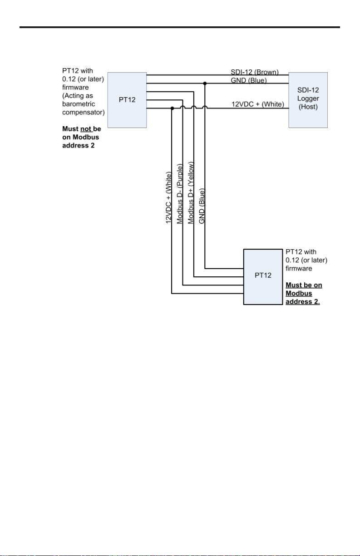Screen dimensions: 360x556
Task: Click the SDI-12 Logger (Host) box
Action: pyautogui.click(x=308, y=100)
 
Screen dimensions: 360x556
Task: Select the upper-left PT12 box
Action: pyautogui.click(x=127, y=100)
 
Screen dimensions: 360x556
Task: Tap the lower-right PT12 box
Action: pyautogui.click(x=263, y=277)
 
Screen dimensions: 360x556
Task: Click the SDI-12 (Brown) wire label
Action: pyautogui.click(x=255, y=72)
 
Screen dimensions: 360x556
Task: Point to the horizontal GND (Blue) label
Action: pyautogui.click(x=248, y=80)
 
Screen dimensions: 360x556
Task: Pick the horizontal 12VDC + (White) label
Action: pyautogui.click(x=258, y=104)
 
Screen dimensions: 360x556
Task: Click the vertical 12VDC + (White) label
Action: pyautogui.click(x=168, y=197)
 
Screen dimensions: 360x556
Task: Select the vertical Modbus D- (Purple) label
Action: pyautogui.click(x=179, y=194)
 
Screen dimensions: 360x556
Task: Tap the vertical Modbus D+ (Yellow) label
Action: pyautogui.click(x=190, y=193)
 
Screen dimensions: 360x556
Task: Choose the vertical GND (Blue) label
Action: pyautogui.click(x=202, y=206)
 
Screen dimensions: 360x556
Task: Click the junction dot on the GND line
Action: pyautogui.click(x=205, y=84)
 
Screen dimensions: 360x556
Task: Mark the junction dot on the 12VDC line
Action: pyautogui.click(x=172, y=108)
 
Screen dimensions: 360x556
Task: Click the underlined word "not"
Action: pyautogui.click(x=86, y=129)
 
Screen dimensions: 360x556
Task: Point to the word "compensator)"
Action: pyautogui.click(x=84, y=113)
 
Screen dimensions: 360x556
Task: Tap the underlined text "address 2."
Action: pyautogui.click(x=303, y=302)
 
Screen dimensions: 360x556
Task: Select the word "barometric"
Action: pyautogui.click(x=79, y=104)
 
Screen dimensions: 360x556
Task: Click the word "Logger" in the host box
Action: pyautogui.click(x=308, y=98)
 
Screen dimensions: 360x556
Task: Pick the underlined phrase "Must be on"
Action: pyautogui.click(x=304, y=285)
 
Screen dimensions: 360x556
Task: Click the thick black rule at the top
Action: pyautogui.click(x=180, y=27)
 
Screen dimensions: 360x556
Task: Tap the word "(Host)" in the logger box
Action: pyautogui.click(x=308, y=107)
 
